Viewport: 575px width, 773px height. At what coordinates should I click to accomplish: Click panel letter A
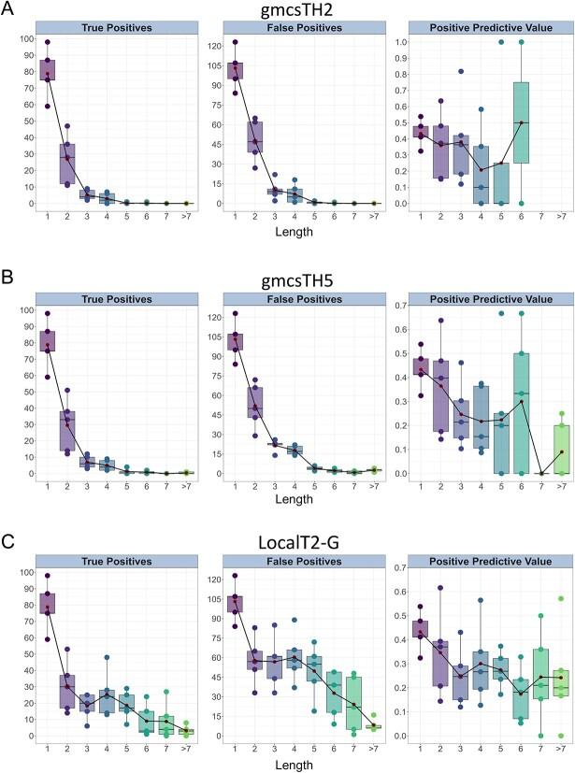click(8, 11)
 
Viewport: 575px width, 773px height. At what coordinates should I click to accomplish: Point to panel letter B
click(8, 276)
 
